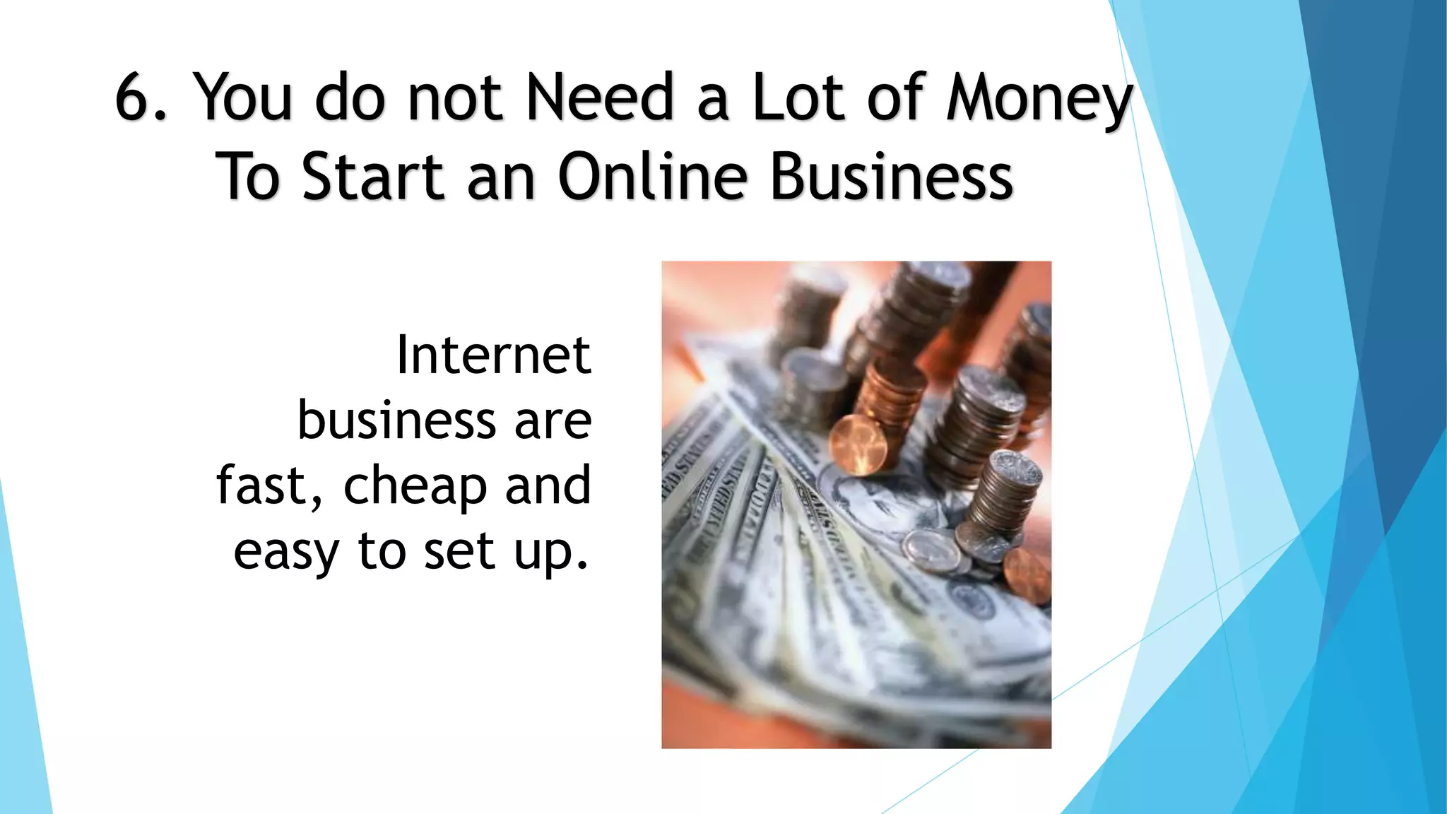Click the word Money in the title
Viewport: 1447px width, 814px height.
1039,99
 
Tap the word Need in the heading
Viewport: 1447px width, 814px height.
600,98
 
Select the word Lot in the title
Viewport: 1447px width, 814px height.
798,98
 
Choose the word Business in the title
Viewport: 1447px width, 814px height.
892,177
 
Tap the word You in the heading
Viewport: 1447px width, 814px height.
242,98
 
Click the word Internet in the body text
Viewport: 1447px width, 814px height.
493,355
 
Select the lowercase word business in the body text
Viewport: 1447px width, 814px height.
396,420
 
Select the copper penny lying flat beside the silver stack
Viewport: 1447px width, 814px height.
1026,576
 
